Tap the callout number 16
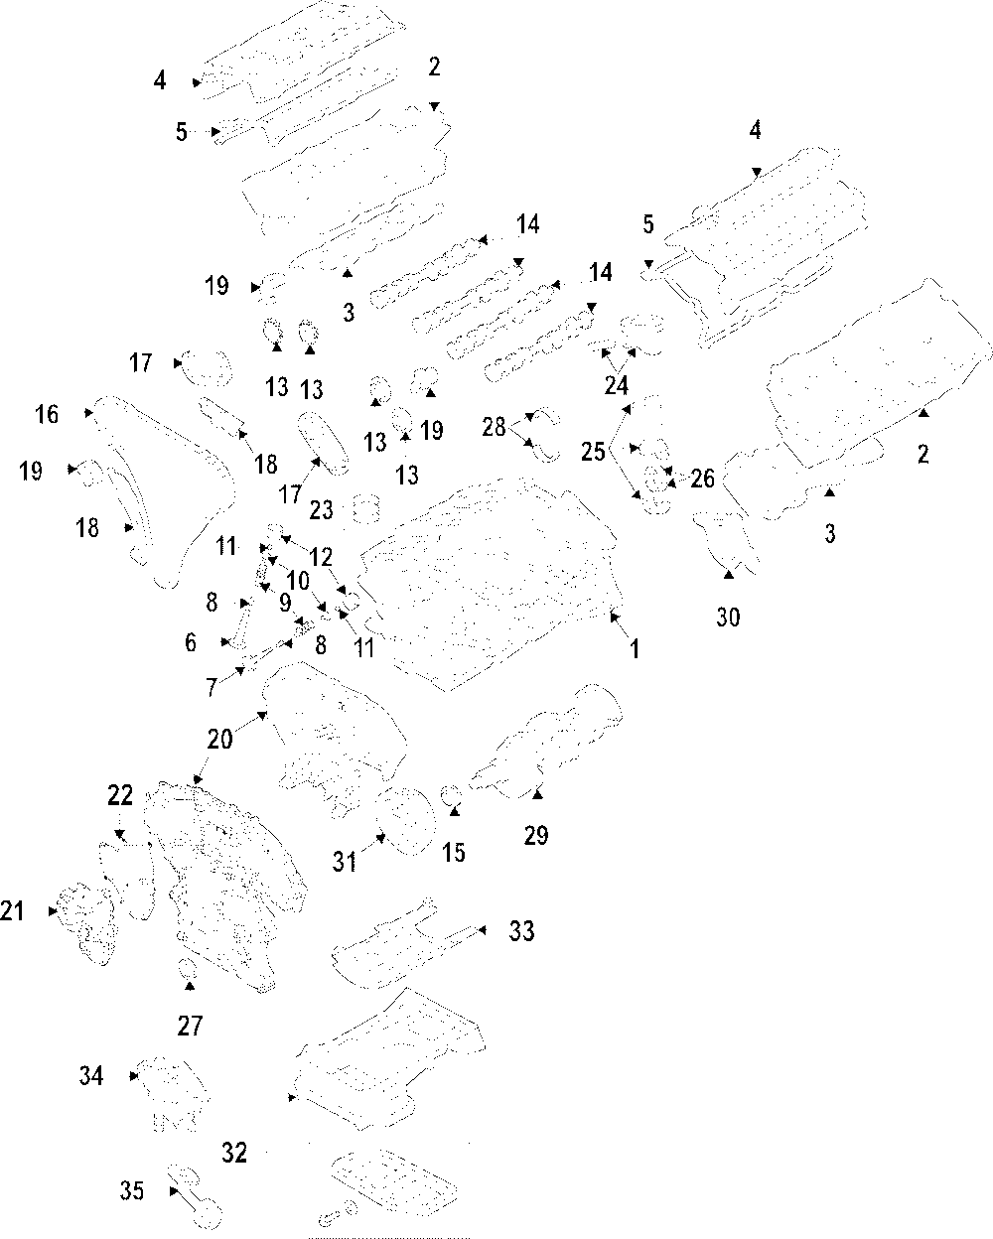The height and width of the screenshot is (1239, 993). pos(47,414)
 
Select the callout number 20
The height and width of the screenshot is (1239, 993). pos(219,739)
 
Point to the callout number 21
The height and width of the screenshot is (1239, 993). pos(13,909)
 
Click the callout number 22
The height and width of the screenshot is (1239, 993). pos(120,795)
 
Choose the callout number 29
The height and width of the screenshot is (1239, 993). pos(536,836)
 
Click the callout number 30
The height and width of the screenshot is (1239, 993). pos(728,618)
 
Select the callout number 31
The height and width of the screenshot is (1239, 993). pos(345,863)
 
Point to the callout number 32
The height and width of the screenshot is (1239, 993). pos(234,1153)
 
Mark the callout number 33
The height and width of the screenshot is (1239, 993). pos(521,931)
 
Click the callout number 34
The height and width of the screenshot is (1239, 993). pos(91,1075)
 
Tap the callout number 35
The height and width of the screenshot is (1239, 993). pos(132,1190)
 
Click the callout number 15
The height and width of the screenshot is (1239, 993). pos(454,852)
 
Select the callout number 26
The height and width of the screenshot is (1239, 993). pos(702,480)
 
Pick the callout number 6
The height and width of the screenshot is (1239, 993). pos(190,643)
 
